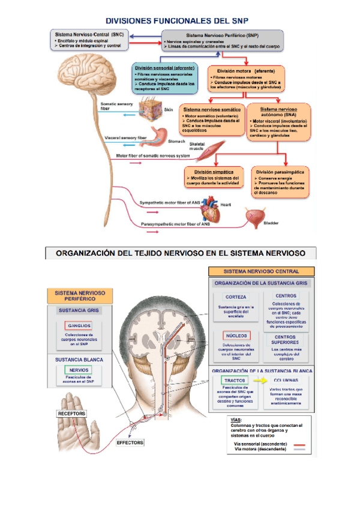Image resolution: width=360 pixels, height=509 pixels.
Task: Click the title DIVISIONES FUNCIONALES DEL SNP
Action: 179,20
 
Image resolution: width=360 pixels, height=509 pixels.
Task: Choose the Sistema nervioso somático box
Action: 212,123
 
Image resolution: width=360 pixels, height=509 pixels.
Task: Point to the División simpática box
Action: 214,178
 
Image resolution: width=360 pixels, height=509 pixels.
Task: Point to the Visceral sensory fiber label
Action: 126,137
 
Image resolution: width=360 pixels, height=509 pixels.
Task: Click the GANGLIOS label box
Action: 79,325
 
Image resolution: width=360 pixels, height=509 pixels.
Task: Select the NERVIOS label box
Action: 79,370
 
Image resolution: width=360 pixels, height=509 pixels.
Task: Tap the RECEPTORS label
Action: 71,414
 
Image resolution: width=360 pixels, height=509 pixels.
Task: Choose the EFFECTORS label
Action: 130,442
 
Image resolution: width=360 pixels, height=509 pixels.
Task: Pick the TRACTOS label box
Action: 235,381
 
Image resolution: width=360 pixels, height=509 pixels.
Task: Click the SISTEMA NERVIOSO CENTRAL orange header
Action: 262,271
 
